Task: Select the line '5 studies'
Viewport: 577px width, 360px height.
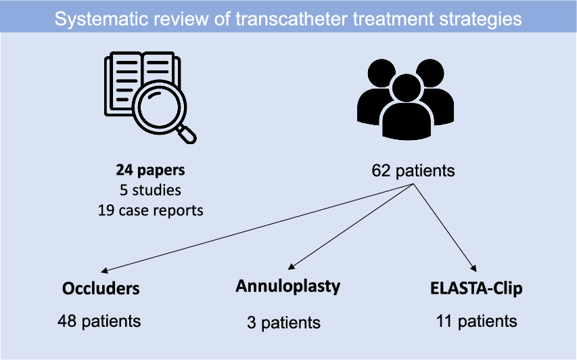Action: [151, 190]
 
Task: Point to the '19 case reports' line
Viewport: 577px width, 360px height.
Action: [151, 210]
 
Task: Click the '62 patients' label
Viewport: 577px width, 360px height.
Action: [413, 171]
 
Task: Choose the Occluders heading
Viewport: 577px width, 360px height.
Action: [101, 288]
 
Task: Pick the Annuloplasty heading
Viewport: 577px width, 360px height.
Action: [287, 286]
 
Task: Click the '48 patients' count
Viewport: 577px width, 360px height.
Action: [100, 320]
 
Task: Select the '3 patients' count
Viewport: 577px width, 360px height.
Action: [283, 322]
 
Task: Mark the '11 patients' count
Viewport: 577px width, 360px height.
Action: [477, 320]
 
